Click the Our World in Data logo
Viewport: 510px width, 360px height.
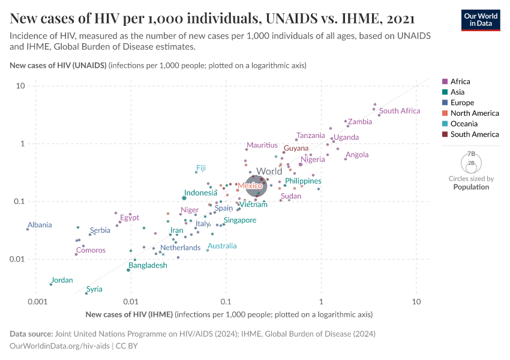(481, 19)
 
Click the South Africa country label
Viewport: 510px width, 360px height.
(400, 111)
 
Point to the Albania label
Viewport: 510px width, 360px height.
(40, 225)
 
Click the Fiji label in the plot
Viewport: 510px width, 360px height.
(200, 168)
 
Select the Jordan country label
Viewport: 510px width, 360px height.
(62, 280)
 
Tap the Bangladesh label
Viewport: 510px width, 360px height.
(148, 265)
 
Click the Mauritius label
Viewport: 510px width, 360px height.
(262, 145)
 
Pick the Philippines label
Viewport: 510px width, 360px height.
(303, 181)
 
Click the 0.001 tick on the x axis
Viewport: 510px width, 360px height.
(37, 301)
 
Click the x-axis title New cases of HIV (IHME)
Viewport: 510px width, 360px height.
(129, 314)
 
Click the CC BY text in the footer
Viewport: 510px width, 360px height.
(127, 347)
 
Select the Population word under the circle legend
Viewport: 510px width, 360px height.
(471, 187)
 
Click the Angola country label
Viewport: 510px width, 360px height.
(357, 155)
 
